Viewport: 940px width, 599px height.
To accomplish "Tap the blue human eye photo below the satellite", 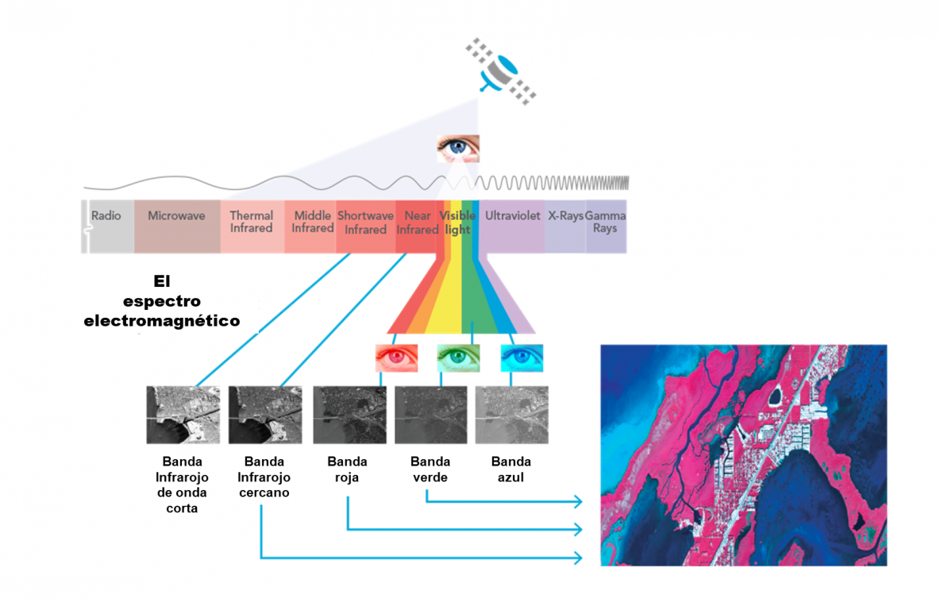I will [x=458, y=148].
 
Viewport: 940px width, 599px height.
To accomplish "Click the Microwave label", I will [x=176, y=216].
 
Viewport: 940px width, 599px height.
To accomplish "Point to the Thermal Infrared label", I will [x=252, y=222].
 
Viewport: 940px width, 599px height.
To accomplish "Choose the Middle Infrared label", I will [x=313, y=222].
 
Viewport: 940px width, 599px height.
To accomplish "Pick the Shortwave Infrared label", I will [x=365, y=222].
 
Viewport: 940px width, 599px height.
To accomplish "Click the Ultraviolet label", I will [x=513, y=216].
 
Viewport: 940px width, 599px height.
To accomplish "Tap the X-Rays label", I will [x=566, y=216].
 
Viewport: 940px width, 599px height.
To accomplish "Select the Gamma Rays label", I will [x=606, y=222].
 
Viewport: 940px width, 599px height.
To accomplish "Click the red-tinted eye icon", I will [x=396, y=358].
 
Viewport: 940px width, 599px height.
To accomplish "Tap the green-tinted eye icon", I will [x=458, y=358].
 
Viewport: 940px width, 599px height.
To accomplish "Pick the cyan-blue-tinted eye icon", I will [x=522, y=358].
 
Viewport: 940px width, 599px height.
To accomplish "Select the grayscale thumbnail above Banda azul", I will [x=511, y=415].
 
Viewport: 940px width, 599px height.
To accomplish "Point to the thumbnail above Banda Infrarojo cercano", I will [x=264, y=415].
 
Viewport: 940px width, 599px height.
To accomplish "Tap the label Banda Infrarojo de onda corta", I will [x=182, y=485].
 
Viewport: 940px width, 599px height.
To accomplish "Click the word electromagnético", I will [x=162, y=322].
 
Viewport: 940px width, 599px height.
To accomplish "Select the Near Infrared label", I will [x=418, y=222].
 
